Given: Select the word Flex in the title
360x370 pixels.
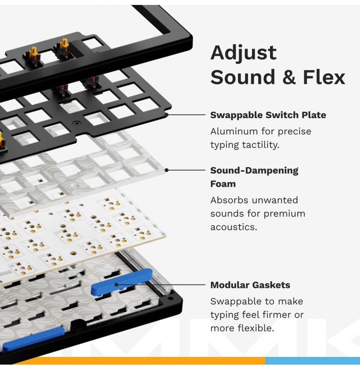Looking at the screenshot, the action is click(324, 77).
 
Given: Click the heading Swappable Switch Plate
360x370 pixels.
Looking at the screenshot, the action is click(268, 115).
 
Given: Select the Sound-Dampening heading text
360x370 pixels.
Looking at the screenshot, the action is click(254, 171).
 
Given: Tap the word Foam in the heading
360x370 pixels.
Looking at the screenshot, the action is click(223, 184).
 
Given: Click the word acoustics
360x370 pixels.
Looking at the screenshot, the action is click(234, 227).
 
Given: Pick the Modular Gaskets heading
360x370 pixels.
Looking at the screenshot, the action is click(250, 285).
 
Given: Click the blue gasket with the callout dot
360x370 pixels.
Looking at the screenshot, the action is click(121, 282).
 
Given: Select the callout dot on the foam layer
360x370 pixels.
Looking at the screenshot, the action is click(166, 170).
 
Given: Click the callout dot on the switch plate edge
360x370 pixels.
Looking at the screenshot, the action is click(166, 115).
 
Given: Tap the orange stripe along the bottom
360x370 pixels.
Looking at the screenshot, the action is click(142, 361).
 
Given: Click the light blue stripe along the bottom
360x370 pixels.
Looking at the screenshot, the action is click(312, 361).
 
